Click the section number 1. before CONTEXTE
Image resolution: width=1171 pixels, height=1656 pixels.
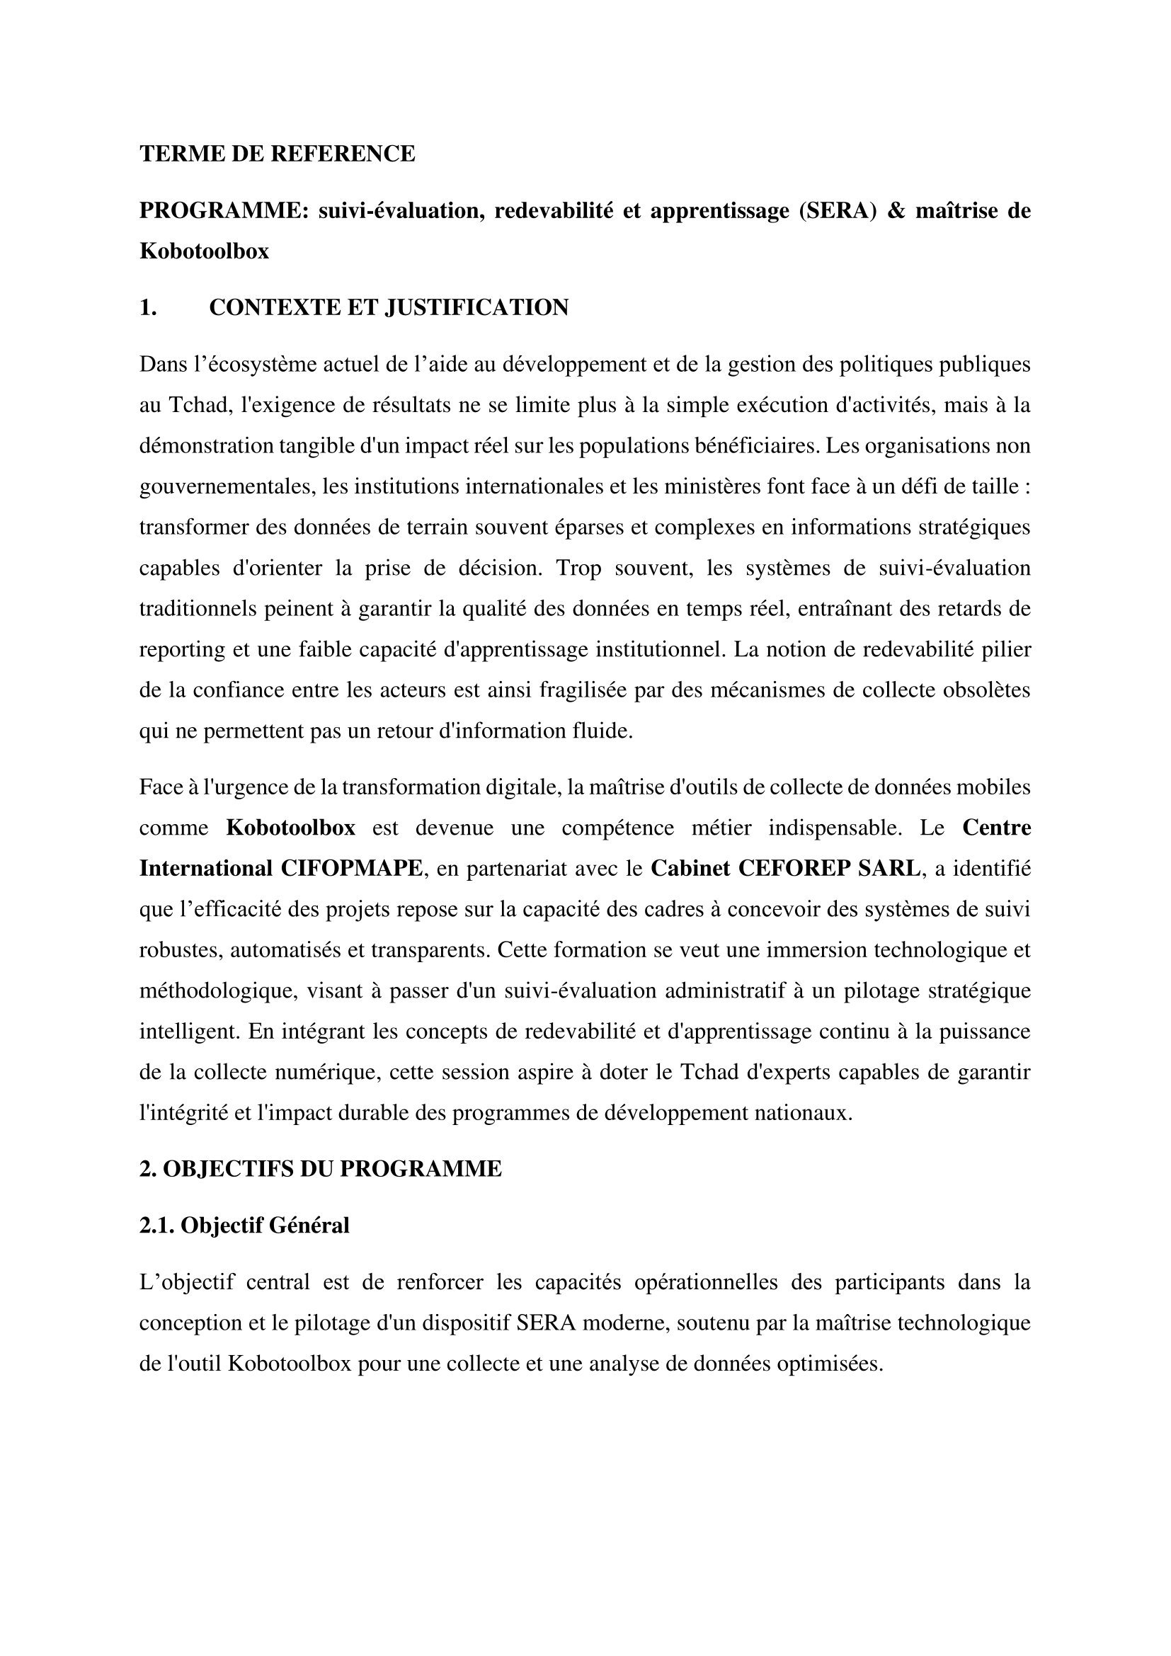148,307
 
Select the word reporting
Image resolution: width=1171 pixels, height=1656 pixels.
182,650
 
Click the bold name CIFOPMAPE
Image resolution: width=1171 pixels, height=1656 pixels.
351,869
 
